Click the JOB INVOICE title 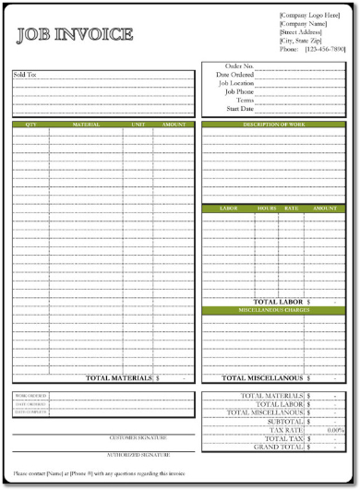tap(75, 36)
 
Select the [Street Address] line tap(302, 32)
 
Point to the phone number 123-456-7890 tap(324, 49)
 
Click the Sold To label tap(26, 74)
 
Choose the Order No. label tap(239, 66)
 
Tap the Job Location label tap(236, 83)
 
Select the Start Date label tap(240, 108)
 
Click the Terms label tap(245, 100)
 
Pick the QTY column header tap(31, 124)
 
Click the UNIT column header tap(138, 124)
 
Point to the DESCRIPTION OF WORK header tap(274, 124)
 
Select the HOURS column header tap(268, 209)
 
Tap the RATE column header tap(292, 209)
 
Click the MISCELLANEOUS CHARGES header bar tap(274, 310)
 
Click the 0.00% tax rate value tap(335, 430)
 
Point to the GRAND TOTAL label tap(279, 448)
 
